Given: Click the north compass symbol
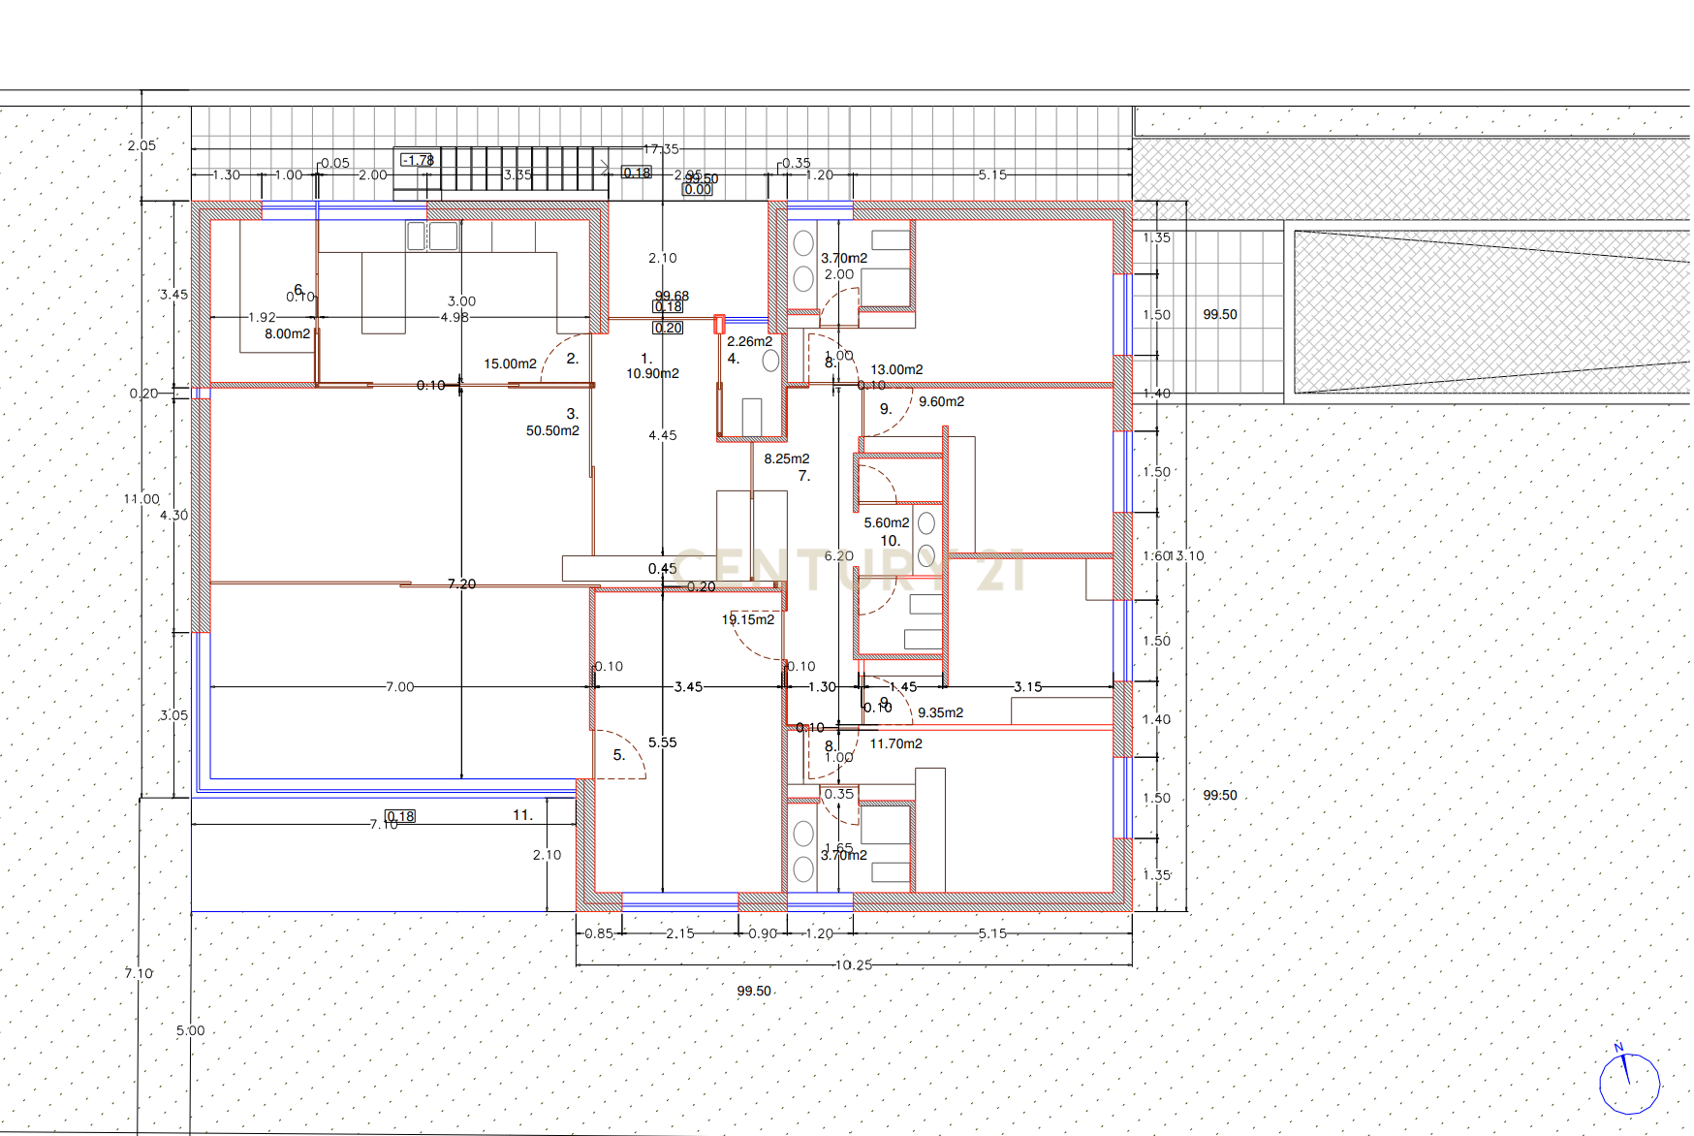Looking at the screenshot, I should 1629,1083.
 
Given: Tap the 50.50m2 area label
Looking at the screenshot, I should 552,430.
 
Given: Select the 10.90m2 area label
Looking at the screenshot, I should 652,373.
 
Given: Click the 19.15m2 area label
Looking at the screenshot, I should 748,619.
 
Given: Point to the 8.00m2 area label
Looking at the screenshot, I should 288,333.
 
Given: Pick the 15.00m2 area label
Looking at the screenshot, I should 511,363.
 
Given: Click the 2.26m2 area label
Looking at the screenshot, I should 750,341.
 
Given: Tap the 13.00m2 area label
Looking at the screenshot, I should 896,369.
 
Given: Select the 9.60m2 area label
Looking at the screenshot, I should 942,401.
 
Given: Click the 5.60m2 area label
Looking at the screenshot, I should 887,522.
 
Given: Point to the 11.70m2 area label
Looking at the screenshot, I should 896,743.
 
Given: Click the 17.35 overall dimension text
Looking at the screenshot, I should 662,149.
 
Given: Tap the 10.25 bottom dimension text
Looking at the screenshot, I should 854,964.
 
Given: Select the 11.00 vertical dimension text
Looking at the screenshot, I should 141,499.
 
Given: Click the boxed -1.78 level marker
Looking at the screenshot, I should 418,160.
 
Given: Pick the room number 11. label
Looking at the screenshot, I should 523,815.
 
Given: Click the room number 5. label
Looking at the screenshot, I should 619,755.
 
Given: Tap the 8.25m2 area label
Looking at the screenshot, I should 787,458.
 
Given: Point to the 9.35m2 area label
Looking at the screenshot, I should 940,712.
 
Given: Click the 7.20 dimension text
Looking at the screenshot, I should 462,584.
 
